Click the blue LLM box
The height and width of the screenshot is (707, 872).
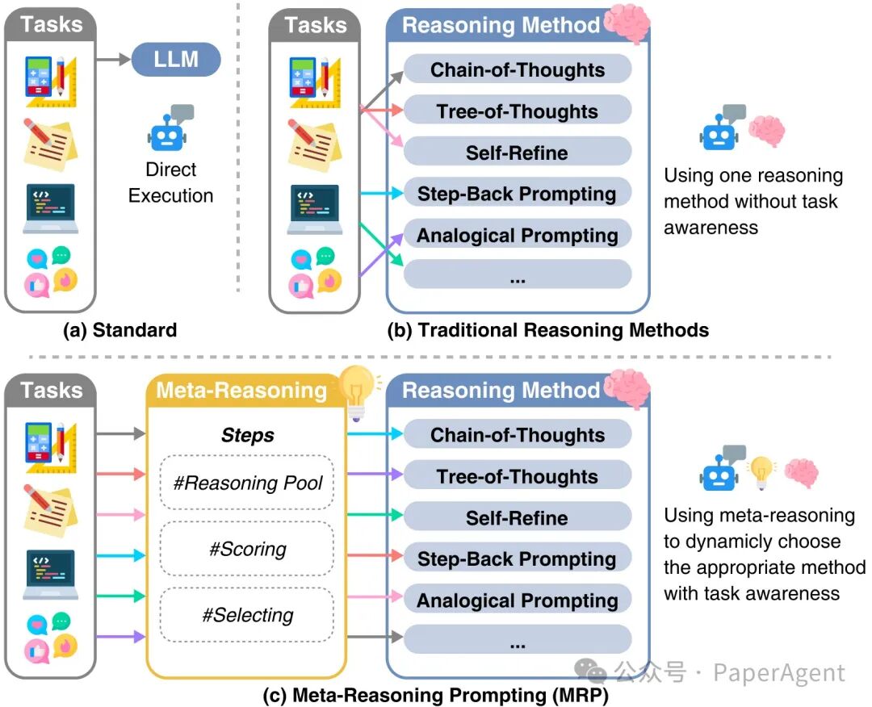(176, 59)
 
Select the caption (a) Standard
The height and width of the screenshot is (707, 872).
(120, 329)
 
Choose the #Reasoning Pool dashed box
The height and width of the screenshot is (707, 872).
(247, 483)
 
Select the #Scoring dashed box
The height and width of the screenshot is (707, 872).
(247, 550)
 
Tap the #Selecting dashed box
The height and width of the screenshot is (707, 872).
(247, 616)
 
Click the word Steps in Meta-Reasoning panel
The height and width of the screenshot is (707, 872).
(247, 436)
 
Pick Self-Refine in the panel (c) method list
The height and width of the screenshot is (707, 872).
(517, 518)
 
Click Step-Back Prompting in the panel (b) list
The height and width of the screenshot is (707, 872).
(517, 194)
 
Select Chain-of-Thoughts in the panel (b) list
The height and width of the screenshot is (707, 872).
(517, 70)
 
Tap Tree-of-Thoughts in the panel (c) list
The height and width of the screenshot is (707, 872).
(517, 476)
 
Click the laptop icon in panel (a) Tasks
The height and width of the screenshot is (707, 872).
(50, 207)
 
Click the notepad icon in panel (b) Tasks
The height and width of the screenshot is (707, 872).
(312, 143)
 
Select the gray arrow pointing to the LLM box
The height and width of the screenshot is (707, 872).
(113, 59)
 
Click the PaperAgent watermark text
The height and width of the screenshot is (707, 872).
(779, 672)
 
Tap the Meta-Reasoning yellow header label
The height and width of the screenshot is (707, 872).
(241, 391)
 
